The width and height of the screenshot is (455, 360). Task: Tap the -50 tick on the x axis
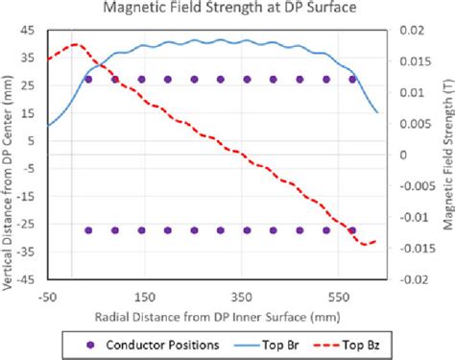pos(48,298)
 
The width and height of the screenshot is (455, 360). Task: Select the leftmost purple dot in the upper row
pos(89,79)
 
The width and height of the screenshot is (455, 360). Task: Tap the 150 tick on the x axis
pos(144,298)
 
